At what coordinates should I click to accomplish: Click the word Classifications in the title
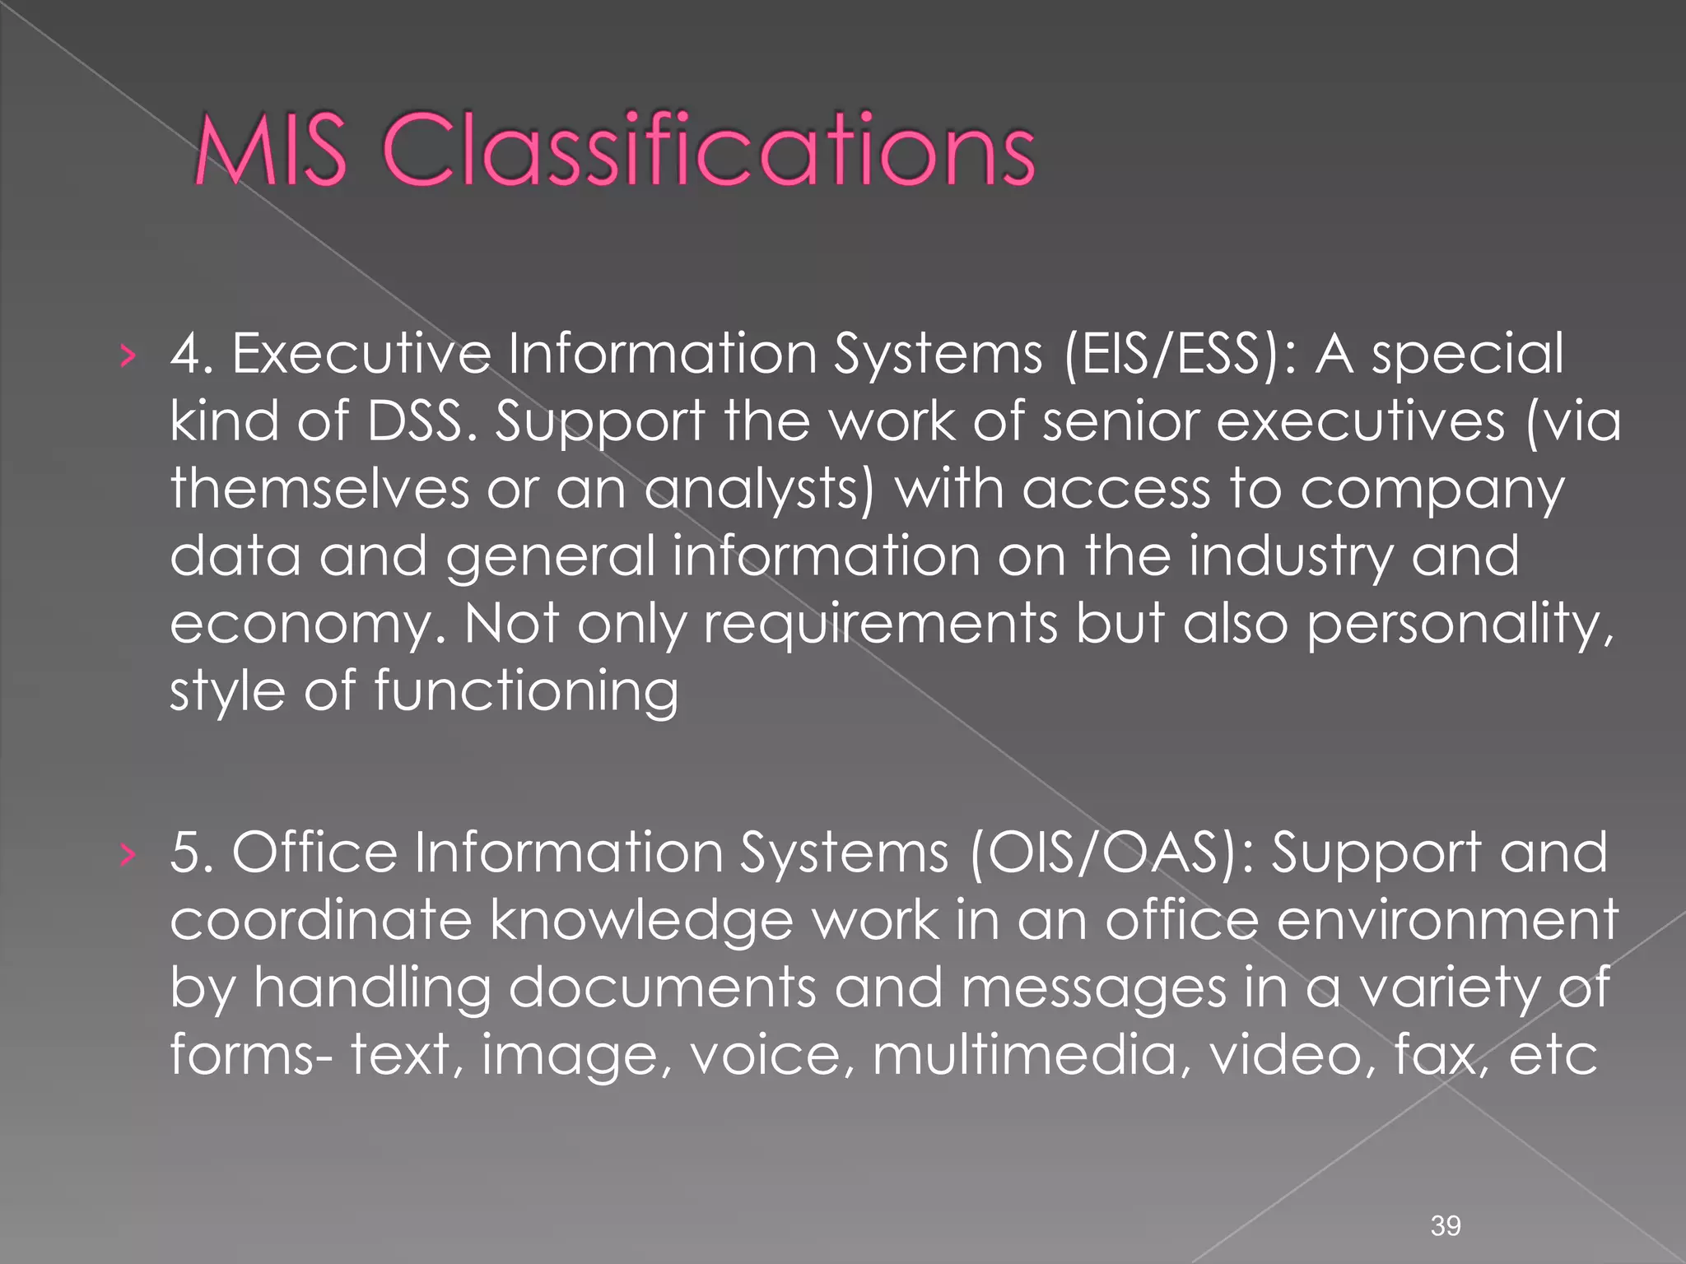point(708,151)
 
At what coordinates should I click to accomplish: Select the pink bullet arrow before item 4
point(125,355)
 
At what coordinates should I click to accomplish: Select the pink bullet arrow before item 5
point(125,854)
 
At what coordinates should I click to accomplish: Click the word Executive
point(361,354)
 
